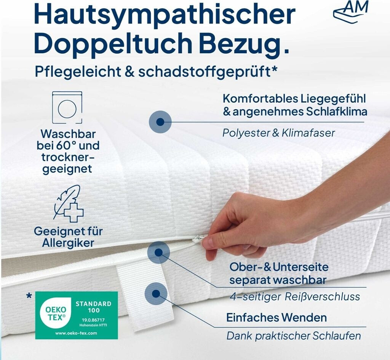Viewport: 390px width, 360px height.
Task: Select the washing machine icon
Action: pos(67,107)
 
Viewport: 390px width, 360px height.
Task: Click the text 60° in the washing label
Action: pos(66,146)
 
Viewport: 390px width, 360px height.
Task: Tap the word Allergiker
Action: pos(68,243)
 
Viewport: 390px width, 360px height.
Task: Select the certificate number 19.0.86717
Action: pos(93,320)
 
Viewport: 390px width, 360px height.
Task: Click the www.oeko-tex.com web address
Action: pos(76,333)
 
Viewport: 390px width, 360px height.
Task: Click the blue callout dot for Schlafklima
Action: pos(160,122)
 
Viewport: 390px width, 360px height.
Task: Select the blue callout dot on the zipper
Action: pos(158,252)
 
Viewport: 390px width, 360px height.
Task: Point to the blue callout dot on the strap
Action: pos(156,294)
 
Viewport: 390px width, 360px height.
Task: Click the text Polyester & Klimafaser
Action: pos(278,133)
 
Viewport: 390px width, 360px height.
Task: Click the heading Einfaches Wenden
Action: pos(277,317)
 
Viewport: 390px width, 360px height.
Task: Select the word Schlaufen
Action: pos(337,336)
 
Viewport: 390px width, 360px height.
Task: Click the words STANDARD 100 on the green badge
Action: pos(94,307)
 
